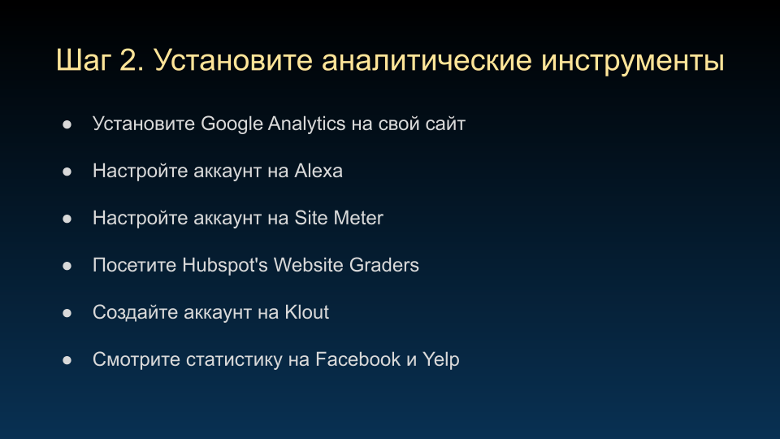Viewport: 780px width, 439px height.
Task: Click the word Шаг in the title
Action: (84, 61)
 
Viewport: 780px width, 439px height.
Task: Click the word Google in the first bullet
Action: (232, 124)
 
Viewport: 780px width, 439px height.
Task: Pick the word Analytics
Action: (306, 124)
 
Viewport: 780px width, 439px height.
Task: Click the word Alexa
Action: (318, 171)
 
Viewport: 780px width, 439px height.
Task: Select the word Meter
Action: (358, 218)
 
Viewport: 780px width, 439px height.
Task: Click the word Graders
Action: (384, 265)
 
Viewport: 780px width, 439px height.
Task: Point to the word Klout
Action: (306, 312)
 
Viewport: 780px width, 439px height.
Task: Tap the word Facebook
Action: (357, 359)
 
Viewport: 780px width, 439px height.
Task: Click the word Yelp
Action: (440, 360)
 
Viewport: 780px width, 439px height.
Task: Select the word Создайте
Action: (136, 312)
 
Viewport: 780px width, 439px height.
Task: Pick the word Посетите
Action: (134, 265)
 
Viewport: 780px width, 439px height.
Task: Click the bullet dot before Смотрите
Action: (67, 360)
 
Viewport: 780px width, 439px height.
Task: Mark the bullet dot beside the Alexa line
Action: (67, 172)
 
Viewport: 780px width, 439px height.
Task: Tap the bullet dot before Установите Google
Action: (67, 124)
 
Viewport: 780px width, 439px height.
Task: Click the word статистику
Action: (234, 360)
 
